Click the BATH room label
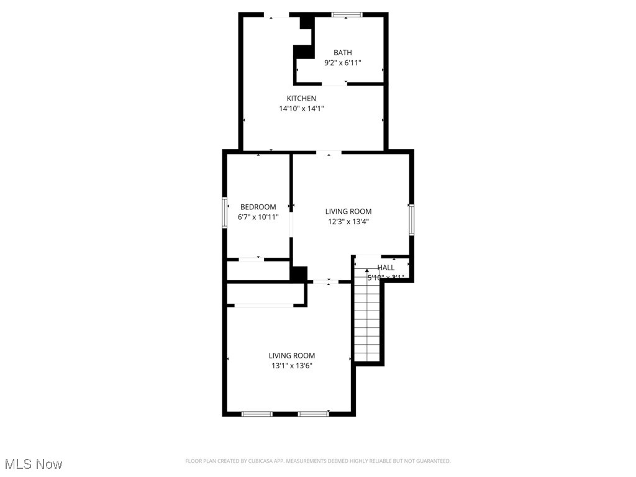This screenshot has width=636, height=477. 342,53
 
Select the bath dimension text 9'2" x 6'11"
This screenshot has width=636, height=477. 342,63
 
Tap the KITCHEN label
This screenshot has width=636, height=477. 301,98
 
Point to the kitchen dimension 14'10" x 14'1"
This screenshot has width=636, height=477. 301,109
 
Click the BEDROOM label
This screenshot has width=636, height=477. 258,207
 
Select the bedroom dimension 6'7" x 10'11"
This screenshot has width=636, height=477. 258,217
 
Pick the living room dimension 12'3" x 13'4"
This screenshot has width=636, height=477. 348,222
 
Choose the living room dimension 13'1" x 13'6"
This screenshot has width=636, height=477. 291,366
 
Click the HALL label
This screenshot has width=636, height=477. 386,268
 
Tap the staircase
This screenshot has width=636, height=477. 366,317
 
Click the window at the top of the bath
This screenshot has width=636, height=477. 347,14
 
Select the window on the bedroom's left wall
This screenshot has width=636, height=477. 225,213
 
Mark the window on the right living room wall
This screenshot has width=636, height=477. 411,220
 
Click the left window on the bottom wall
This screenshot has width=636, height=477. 257,414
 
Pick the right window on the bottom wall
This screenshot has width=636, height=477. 313,414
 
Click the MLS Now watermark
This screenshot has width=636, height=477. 33,464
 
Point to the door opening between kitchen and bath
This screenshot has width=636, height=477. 334,84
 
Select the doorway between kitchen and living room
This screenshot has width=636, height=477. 329,152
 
